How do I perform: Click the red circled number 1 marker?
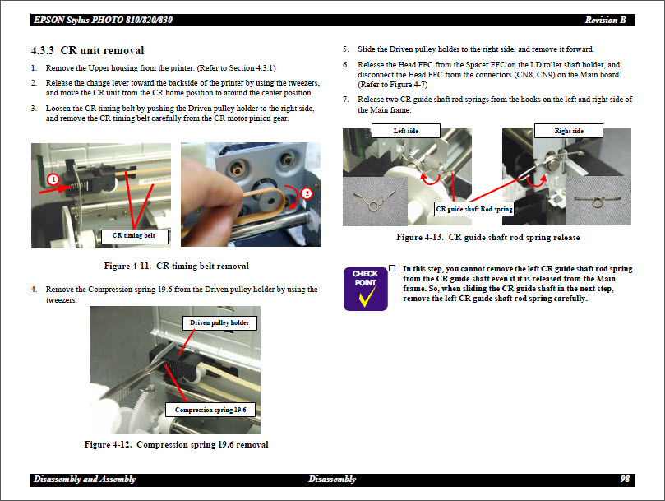pos(53,179)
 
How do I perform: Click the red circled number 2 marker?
pos(307,193)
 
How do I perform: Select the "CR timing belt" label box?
pos(135,235)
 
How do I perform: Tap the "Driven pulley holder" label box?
pos(219,322)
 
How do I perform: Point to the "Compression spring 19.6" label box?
pos(210,410)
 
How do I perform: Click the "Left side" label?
pos(406,131)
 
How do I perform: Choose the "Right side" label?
pos(569,131)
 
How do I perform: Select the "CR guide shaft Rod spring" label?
pos(474,209)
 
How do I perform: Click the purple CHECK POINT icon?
pos(366,289)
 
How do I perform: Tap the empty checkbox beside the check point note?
pos(392,268)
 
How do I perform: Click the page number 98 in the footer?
pos(625,479)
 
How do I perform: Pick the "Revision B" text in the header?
pos(605,20)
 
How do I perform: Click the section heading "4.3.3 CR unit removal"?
pos(87,50)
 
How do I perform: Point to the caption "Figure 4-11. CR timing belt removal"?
pos(177,267)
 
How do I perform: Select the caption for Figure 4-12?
pos(176,444)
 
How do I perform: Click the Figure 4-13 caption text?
pos(487,238)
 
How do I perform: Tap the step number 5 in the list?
pos(345,49)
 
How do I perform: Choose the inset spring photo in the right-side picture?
pos(598,201)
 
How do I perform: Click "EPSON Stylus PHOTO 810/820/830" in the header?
pos(103,20)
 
